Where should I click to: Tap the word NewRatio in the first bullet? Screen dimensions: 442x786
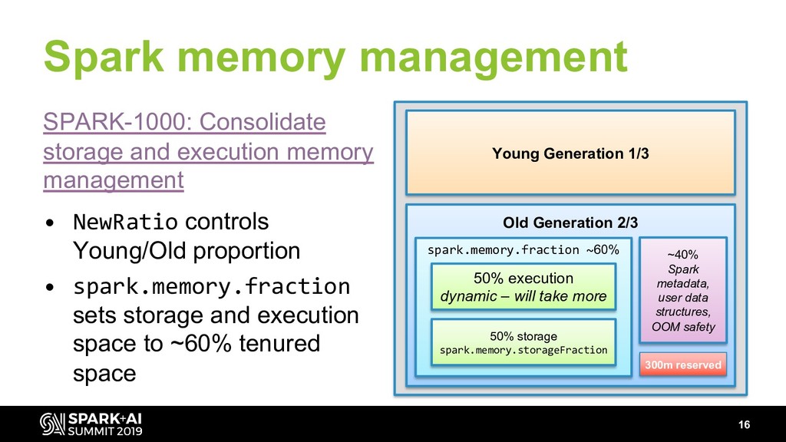125,223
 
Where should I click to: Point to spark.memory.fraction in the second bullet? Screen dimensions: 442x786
211,287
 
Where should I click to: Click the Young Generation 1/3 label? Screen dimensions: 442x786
570,153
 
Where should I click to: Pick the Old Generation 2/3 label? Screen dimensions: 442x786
570,223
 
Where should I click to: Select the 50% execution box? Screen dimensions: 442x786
523,286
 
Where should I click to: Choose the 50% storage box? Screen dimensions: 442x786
523,343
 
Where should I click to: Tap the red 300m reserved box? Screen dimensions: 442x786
683,364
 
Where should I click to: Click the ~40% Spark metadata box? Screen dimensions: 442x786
683,289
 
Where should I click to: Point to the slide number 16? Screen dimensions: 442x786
743,425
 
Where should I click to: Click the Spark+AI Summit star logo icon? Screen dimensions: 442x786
52,424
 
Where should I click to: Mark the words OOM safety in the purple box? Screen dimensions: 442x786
683,328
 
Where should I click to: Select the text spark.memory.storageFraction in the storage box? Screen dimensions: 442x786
523,351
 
